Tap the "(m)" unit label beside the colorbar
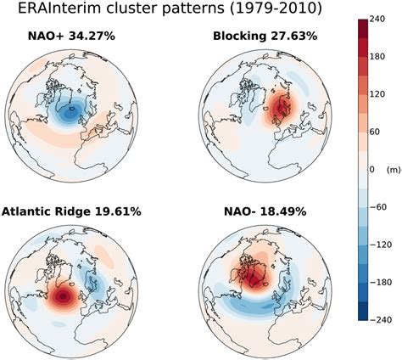(393, 170)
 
